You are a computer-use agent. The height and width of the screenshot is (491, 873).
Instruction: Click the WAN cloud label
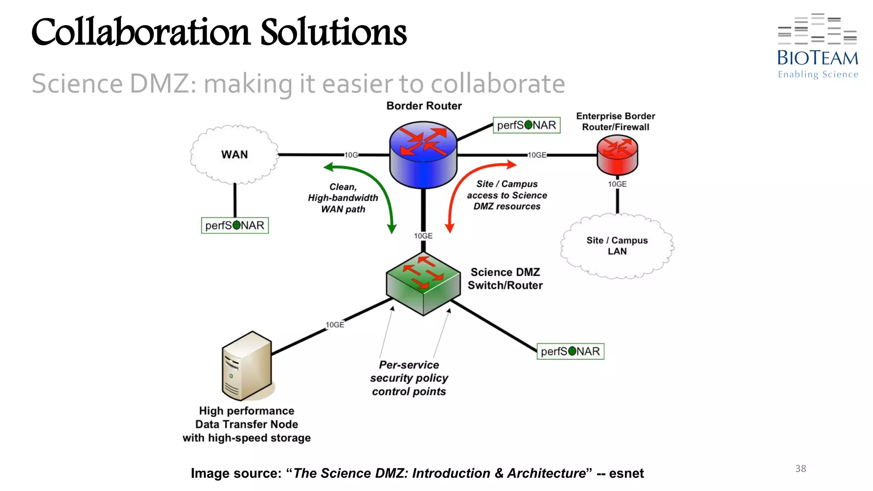tap(234, 154)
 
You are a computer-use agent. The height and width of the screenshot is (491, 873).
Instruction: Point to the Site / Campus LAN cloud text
tap(617, 246)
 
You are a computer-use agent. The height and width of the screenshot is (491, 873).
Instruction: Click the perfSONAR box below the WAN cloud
tap(235, 225)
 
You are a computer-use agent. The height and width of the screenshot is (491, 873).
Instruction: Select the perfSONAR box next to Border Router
tap(526, 125)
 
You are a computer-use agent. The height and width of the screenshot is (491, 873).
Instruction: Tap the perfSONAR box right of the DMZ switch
tap(570, 351)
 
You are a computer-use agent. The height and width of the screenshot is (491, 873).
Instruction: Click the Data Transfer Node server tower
tap(247, 367)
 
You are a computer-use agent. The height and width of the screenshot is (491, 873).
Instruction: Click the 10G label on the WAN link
tap(351, 155)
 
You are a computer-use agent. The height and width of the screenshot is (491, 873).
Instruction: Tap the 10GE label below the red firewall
tap(617, 184)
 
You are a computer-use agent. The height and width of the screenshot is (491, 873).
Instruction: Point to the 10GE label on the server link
tap(335, 325)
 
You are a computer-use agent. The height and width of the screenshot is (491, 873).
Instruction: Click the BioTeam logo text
tap(817, 58)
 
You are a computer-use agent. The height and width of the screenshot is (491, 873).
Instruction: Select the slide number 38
tap(801, 468)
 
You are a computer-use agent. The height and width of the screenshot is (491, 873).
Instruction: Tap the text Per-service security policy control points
tap(409, 378)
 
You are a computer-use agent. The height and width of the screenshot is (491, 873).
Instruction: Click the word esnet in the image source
tap(626, 473)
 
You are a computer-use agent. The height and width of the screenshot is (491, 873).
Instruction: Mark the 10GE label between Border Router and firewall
tap(537, 155)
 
